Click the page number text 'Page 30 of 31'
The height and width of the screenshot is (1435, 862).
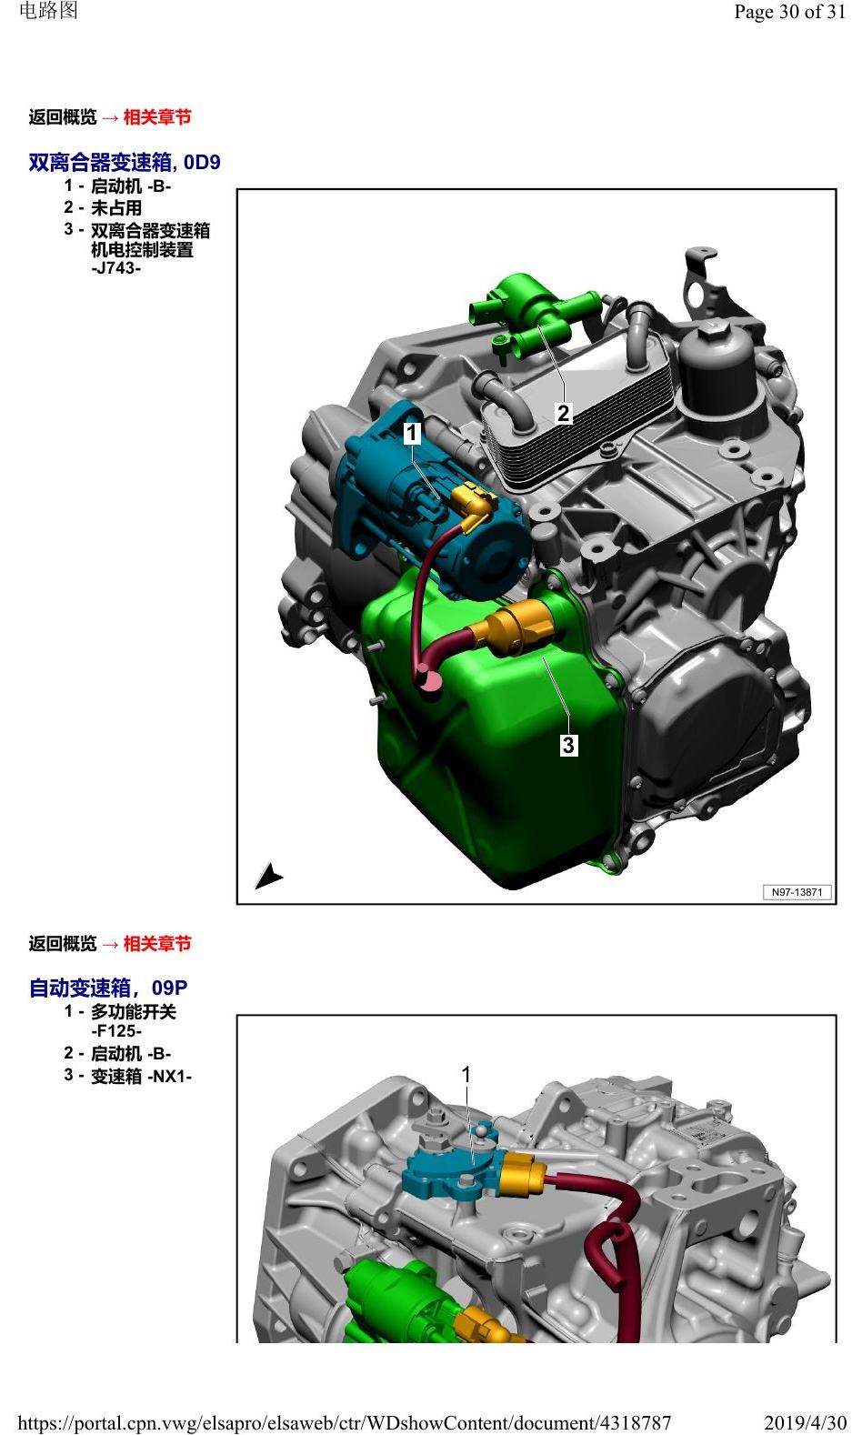coord(789,12)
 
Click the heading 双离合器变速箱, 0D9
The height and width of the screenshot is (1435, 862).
coord(125,162)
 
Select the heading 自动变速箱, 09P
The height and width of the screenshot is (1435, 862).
coord(108,988)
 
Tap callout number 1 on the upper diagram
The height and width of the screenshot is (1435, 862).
coord(412,433)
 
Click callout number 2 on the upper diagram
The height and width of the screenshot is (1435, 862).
coord(564,413)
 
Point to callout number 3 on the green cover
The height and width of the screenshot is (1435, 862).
coord(568,745)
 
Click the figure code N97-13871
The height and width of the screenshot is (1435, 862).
coord(797,892)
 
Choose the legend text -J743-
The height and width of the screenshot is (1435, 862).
coord(115,268)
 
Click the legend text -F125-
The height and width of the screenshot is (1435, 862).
coord(116,1030)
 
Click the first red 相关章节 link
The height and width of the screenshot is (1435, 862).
coord(157,117)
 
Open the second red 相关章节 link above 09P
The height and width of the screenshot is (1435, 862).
coord(157,944)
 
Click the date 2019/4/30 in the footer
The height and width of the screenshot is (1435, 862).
coord(805,1422)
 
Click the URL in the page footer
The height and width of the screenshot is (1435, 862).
coord(345,1423)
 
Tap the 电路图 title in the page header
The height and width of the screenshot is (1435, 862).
coord(49,11)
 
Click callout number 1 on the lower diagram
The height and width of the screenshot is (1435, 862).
coord(466,1074)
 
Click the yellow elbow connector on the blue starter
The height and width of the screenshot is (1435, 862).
coord(473,507)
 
